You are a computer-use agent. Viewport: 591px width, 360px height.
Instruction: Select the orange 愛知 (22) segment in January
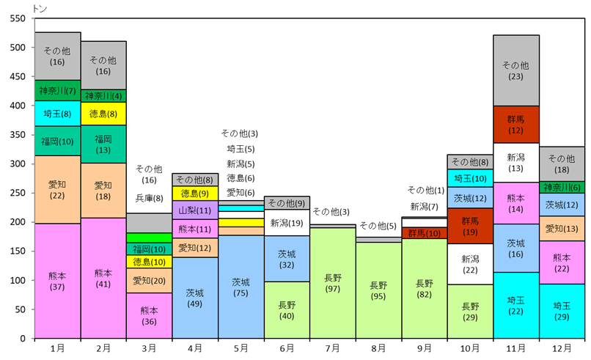(x=57, y=189)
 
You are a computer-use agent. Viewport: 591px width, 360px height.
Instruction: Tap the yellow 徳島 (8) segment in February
(x=103, y=114)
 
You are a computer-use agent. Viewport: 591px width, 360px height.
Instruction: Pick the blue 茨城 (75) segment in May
(x=241, y=287)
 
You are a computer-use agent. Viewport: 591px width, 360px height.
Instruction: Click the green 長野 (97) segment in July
(x=333, y=284)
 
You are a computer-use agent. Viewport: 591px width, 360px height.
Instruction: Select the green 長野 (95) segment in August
(x=379, y=290)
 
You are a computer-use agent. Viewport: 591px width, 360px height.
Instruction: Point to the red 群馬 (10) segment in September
(x=425, y=233)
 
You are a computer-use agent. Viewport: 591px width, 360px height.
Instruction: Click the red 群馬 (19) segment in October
(x=470, y=226)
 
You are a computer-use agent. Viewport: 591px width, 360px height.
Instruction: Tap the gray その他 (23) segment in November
(x=516, y=70)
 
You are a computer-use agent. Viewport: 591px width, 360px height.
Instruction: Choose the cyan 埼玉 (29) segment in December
(x=562, y=311)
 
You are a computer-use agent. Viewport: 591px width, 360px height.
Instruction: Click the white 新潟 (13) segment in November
(x=516, y=163)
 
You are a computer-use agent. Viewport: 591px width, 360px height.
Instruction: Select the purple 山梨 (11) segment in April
(x=195, y=210)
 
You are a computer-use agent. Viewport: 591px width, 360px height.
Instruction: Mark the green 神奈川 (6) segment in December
(x=562, y=187)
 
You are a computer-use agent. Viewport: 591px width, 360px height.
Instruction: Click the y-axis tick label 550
(x=18, y=18)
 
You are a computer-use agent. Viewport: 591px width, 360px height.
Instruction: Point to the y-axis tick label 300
(x=18, y=164)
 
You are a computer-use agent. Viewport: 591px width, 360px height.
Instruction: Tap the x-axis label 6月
(x=287, y=348)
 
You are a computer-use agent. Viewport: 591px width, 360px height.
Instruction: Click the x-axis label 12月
(x=562, y=348)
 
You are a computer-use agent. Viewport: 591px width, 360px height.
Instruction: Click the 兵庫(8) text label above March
(x=149, y=198)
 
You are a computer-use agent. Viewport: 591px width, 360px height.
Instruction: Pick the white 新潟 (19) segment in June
(x=287, y=223)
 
